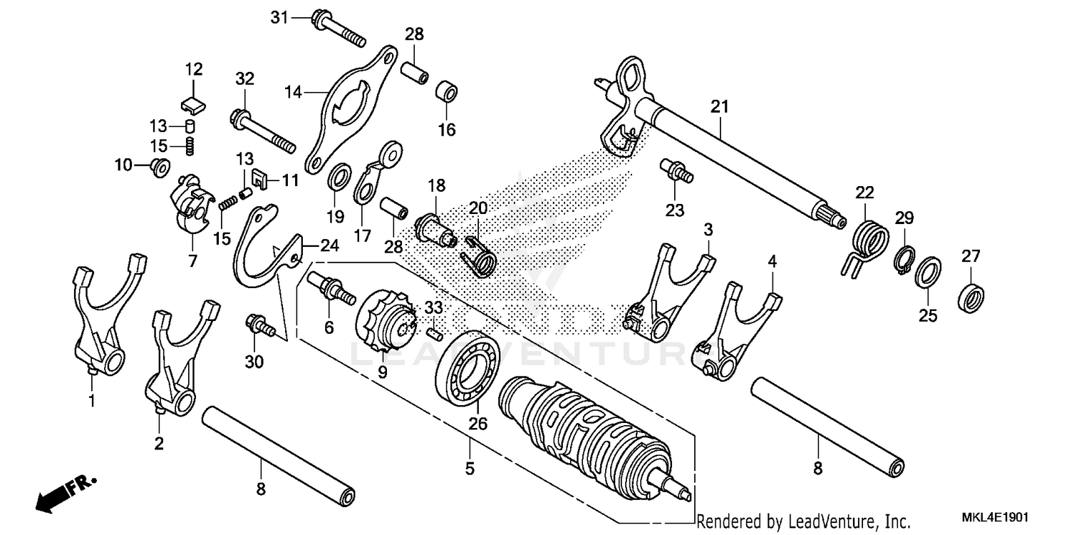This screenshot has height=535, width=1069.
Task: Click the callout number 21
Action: [x=720, y=107]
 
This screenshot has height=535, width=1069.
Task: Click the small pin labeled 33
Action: [x=435, y=332]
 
